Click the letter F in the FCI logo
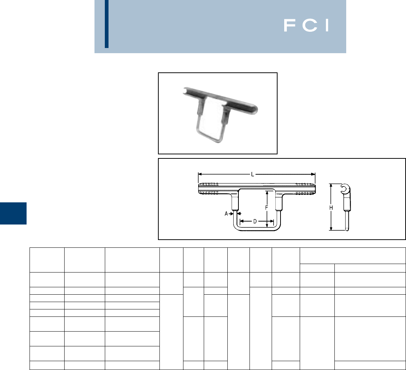click(x=290, y=25)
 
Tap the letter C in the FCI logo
click(x=310, y=25)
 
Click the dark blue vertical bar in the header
click(x=106, y=24)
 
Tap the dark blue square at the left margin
click(x=13, y=213)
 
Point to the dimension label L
click(x=252, y=174)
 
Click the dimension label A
click(x=226, y=214)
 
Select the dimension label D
click(x=255, y=221)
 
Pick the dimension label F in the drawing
click(x=266, y=208)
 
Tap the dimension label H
click(x=331, y=208)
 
